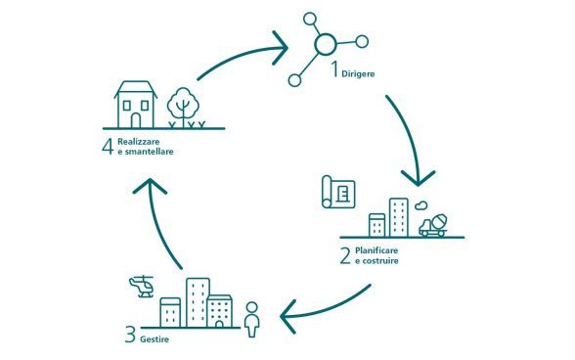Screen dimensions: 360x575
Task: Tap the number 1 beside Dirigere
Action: (333, 70)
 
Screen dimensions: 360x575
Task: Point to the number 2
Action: (344, 256)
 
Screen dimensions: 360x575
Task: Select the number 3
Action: (129, 337)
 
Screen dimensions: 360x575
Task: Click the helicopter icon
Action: (142, 287)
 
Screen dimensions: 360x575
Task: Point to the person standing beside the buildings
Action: (251, 319)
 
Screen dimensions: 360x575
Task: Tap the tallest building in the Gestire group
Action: (198, 302)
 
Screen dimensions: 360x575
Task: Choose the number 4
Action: (107, 148)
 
